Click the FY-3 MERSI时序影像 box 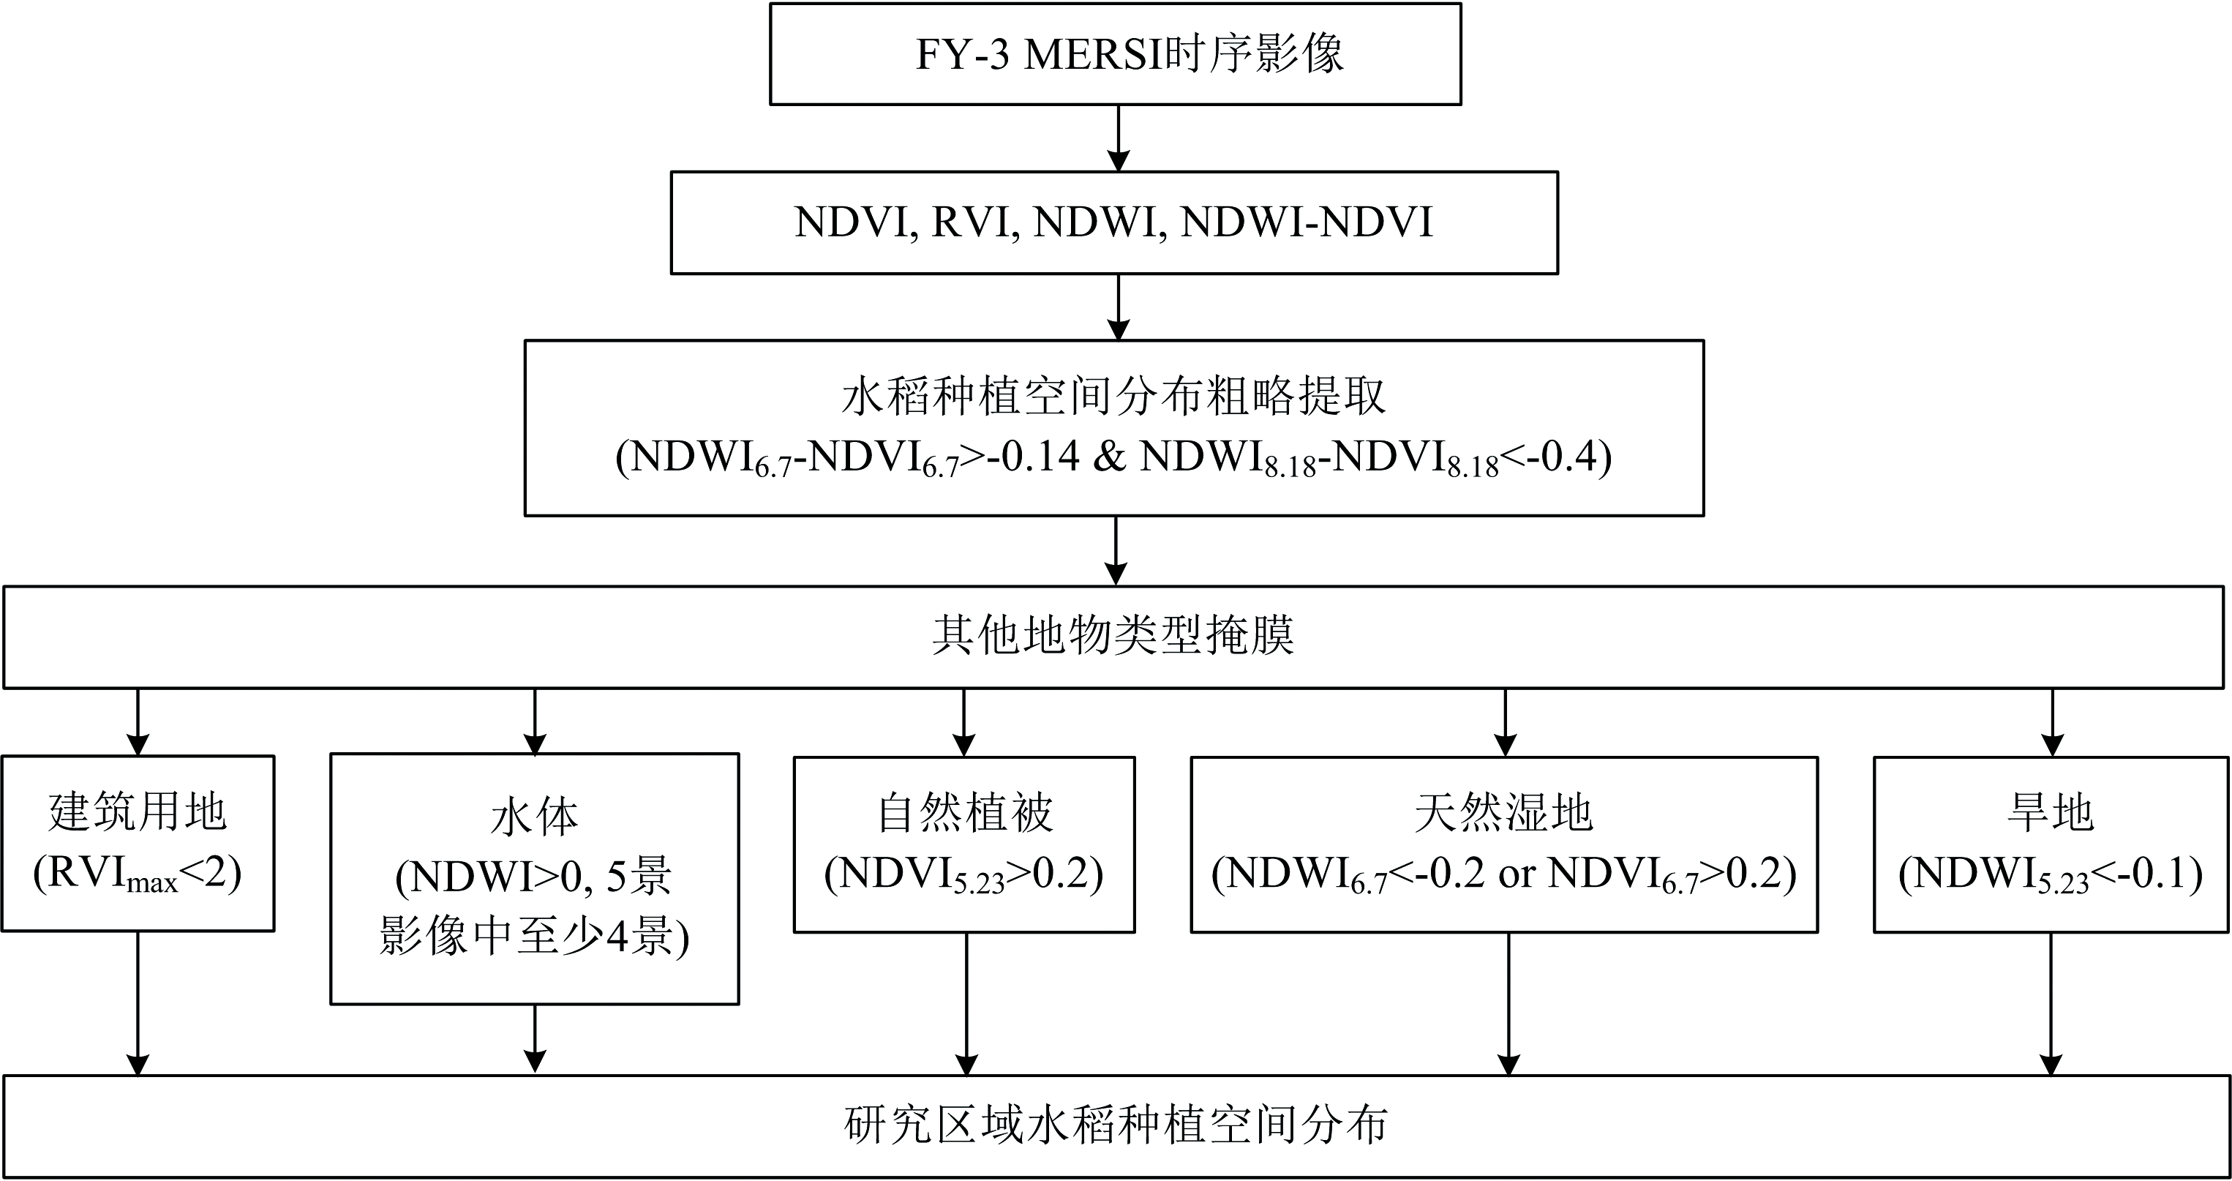(x=1115, y=53)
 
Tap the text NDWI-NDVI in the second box (x=1307, y=222)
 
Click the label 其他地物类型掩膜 (x=1113, y=636)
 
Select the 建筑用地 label (x=138, y=813)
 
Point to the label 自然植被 (x=964, y=813)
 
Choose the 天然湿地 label (x=1504, y=813)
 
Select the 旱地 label (x=2050, y=813)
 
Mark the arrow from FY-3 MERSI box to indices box (x=1119, y=138)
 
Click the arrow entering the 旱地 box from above (x=2053, y=723)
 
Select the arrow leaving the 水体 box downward (x=535, y=1039)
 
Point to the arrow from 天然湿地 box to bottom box (x=1508, y=1004)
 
